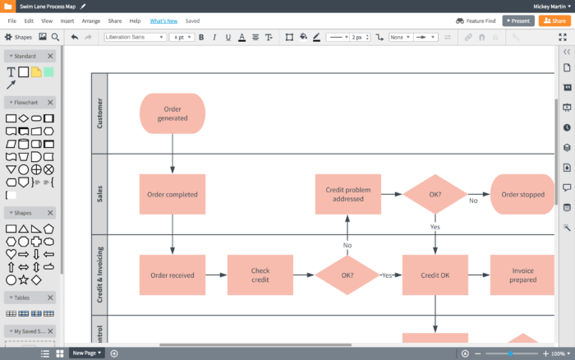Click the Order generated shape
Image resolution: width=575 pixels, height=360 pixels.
[x=172, y=113]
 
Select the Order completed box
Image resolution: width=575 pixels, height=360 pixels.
[x=172, y=195]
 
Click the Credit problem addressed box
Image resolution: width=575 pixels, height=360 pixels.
[x=347, y=195]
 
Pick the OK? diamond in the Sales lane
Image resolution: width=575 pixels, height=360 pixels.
[x=435, y=195]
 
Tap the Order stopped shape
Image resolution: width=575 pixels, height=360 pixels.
[x=522, y=195]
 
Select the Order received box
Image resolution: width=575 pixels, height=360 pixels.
[x=172, y=275]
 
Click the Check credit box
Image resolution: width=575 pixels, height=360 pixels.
[x=260, y=275]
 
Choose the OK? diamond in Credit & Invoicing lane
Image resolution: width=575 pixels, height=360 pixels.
[x=347, y=275]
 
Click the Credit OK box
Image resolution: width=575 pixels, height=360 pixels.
[x=435, y=275]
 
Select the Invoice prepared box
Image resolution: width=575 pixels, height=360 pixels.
[x=522, y=275]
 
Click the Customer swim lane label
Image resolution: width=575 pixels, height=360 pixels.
[x=99, y=113]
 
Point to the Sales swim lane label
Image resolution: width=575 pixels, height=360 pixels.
[x=99, y=195]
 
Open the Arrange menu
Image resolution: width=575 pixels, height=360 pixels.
[x=91, y=21]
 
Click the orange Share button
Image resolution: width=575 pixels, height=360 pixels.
[x=553, y=21]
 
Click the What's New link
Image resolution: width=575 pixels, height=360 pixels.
[x=163, y=21]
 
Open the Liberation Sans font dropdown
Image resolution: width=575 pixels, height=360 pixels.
[x=134, y=37]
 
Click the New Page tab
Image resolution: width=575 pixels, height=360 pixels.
[x=87, y=353]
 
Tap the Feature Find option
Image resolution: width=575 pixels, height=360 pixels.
[x=476, y=21]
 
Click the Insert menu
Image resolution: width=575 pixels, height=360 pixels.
[x=67, y=21]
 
